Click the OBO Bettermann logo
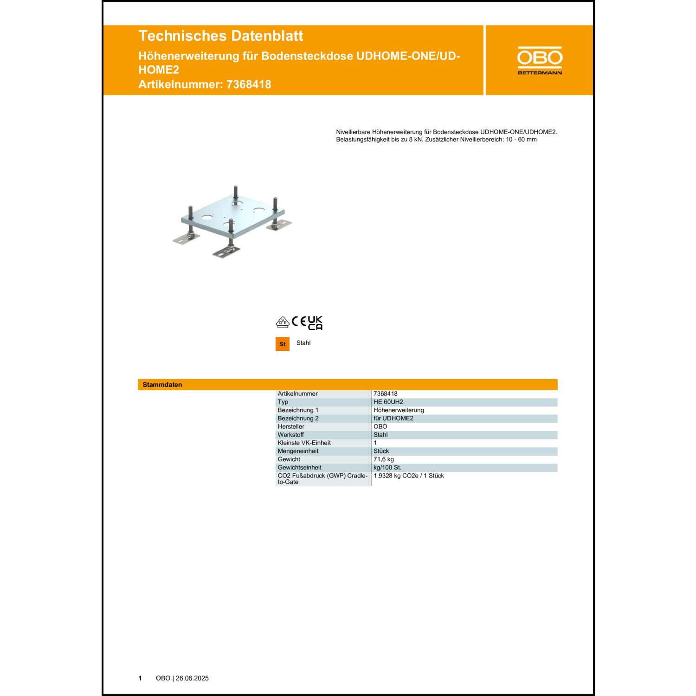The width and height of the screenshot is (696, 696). coord(540,60)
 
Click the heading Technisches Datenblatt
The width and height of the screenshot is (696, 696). coord(221,36)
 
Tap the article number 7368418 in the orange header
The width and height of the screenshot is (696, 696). coord(249,84)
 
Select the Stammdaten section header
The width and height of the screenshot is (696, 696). coord(162,385)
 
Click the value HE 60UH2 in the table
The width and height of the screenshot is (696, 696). coord(388,402)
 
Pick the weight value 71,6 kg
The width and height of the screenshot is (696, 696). coord(384,459)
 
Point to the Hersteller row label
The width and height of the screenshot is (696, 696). coord(291,426)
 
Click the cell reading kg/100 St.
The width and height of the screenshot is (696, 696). coord(387,467)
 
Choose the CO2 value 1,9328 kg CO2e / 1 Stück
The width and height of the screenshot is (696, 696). coord(409,476)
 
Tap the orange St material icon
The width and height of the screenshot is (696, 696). coord(283,344)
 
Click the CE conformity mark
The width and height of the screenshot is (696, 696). coord(299,322)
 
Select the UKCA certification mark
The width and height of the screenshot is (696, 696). coord(315,323)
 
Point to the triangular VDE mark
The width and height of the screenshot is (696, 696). coord(283,322)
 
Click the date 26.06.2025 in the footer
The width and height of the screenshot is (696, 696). coord(192,678)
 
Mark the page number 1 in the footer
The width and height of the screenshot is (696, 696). coord(140,678)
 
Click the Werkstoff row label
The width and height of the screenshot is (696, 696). coord(290,435)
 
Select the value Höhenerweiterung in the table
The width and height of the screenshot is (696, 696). coord(399,410)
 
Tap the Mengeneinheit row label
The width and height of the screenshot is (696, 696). coord(298,451)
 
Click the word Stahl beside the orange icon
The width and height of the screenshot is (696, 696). coord(303,343)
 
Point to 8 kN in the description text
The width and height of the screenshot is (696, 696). coord(415,139)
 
